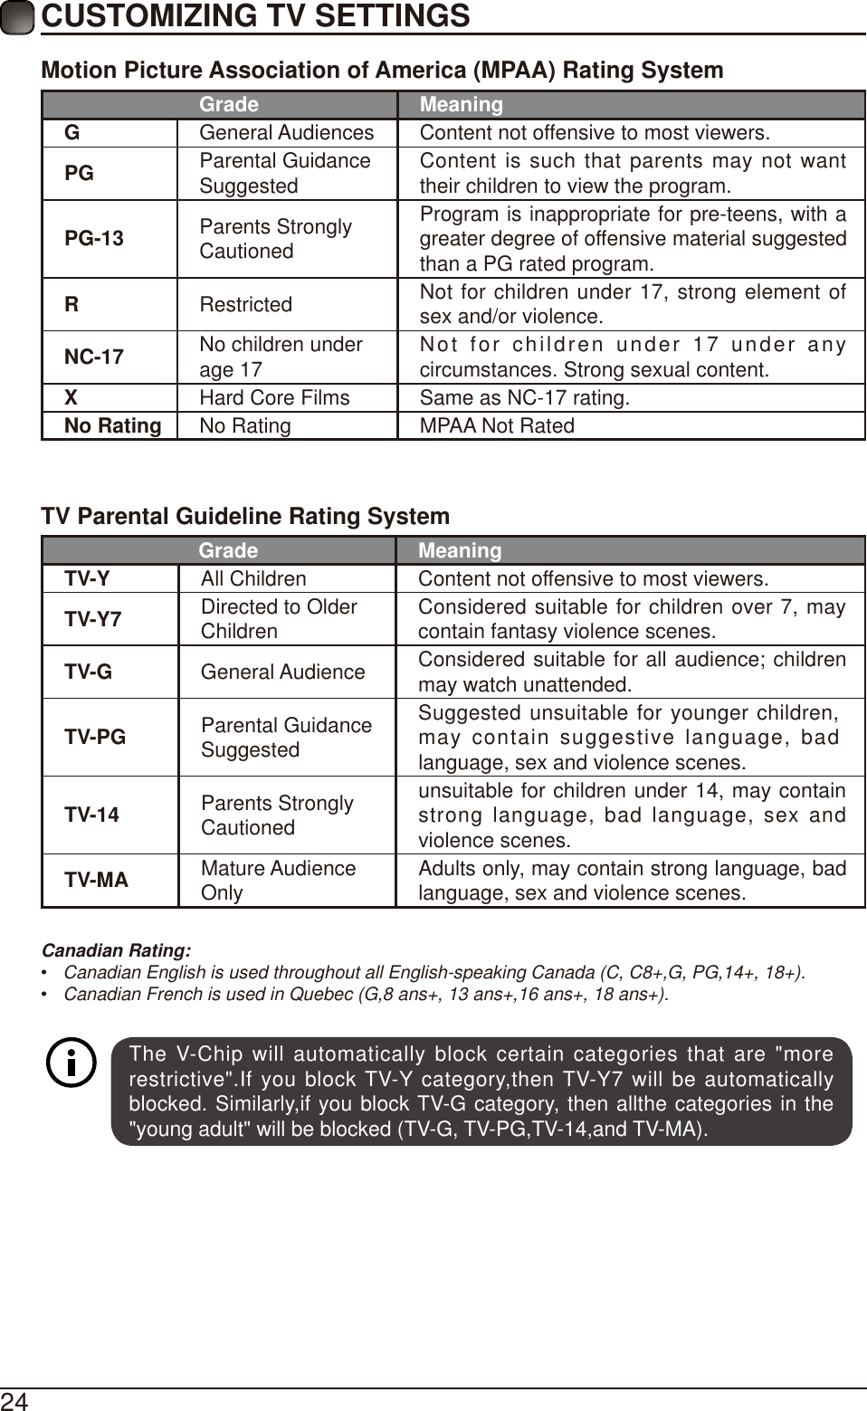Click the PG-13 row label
[x=94, y=239]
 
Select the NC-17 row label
[x=94, y=358]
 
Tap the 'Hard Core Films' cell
[x=274, y=398]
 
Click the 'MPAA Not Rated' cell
[x=497, y=426]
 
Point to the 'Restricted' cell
[x=246, y=305]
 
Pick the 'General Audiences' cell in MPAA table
[x=286, y=133]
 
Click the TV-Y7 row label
[x=92, y=620]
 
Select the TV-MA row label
[x=96, y=881]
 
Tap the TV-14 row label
[x=91, y=815]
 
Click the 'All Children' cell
[x=253, y=579]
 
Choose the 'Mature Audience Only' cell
[x=278, y=881]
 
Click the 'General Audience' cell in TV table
[x=283, y=672]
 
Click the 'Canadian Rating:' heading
[x=117, y=951]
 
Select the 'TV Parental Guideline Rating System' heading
[x=245, y=517]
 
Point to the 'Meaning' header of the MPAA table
[x=462, y=105]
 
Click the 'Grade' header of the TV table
[x=228, y=551]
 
